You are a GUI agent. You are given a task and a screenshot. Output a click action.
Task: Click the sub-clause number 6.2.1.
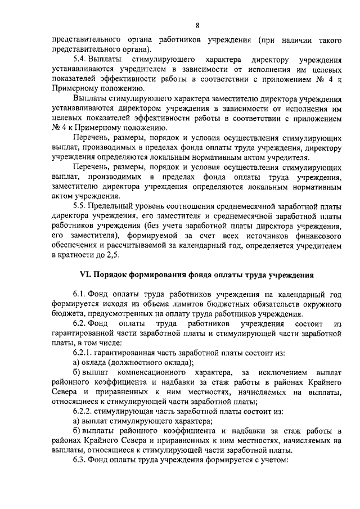pyautogui.click(x=83, y=353)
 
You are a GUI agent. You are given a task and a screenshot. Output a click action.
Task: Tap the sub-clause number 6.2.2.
pyautogui.click(x=83, y=411)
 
